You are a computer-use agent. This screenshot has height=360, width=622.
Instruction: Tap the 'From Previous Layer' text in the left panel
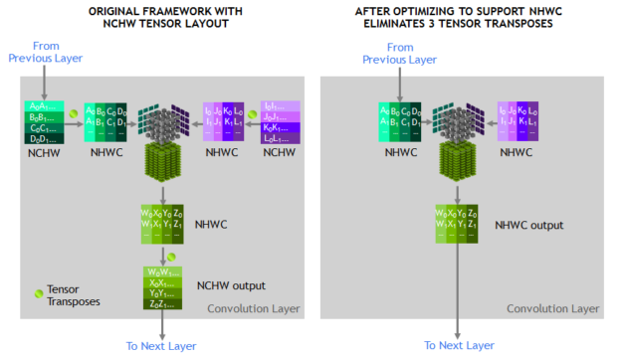coord(45,52)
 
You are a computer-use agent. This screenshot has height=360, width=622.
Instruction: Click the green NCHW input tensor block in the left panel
coord(43,122)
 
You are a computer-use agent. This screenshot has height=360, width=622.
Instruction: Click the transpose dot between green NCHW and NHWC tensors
coord(72,113)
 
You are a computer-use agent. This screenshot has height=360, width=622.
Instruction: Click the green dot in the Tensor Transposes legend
coord(39,292)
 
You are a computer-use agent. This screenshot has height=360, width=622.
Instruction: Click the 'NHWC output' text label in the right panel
coord(528,226)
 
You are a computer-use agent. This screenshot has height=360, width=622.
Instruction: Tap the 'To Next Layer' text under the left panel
coord(160,345)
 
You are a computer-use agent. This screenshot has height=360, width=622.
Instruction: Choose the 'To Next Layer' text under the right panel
coord(458,345)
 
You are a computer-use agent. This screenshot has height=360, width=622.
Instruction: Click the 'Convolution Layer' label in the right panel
coord(553,308)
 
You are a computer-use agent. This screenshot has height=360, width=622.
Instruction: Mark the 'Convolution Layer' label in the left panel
coord(253,308)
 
